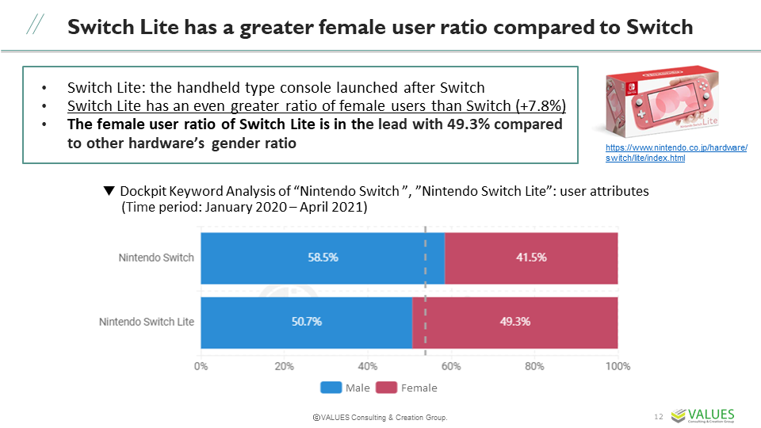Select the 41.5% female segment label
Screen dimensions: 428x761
coord(530,258)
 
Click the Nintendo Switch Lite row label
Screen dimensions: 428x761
coord(146,322)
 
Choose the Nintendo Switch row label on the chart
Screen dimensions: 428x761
coord(155,258)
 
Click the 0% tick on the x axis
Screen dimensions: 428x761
coord(201,366)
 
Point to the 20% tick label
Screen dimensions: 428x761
coord(284,366)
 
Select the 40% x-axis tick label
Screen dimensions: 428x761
coord(367,366)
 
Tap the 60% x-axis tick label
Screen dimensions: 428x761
coord(451,366)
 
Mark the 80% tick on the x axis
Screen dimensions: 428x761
coord(534,366)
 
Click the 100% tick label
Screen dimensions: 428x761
coord(617,366)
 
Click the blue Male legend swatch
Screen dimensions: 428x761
coord(331,388)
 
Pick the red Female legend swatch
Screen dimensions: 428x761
coord(385,388)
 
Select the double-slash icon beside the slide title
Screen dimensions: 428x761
coord(35,26)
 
